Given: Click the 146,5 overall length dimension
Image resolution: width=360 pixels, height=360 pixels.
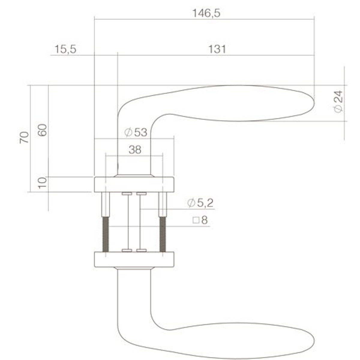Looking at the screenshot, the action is click(206, 13).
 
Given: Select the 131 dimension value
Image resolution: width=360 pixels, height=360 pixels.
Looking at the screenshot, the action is click(217, 49).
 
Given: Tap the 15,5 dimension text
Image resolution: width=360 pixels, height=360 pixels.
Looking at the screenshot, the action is click(65, 49).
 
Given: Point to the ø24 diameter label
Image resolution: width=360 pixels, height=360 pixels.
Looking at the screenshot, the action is click(338, 102).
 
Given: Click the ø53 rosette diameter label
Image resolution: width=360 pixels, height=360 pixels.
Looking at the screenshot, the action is click(136, 132).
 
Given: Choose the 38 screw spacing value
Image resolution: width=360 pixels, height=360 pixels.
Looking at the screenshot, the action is click(135, 150).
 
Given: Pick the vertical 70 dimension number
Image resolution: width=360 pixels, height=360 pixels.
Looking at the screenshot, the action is click(24, 137).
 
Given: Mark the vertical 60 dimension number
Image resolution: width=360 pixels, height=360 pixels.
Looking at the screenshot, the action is click(42, 130).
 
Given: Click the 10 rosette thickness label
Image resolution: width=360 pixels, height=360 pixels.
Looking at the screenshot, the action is click(42, 183).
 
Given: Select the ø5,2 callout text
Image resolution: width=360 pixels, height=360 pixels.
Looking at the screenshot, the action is click(200, 203).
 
